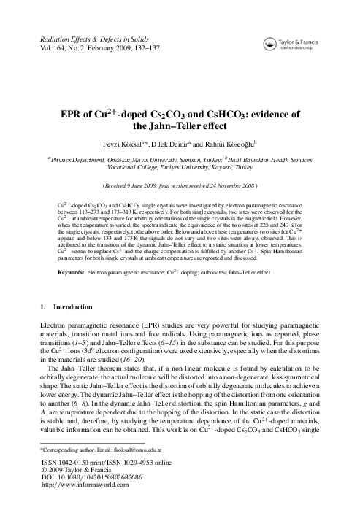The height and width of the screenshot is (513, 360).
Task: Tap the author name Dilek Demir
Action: pyautogui.click(x=192, y=144)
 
